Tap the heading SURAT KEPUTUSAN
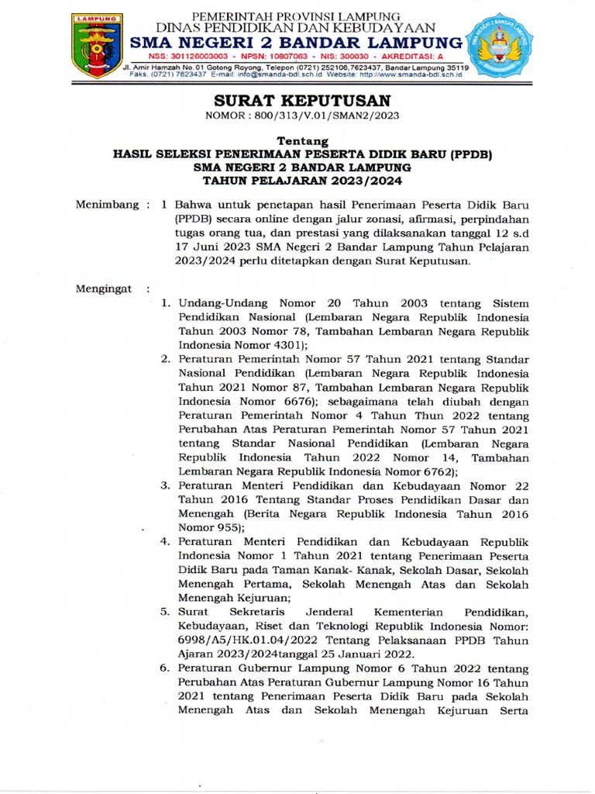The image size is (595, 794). pos(302,101)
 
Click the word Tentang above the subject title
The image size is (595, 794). pos(302,142)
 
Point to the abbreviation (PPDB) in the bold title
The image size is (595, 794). pos(472,154)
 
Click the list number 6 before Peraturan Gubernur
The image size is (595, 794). pos(165,668)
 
